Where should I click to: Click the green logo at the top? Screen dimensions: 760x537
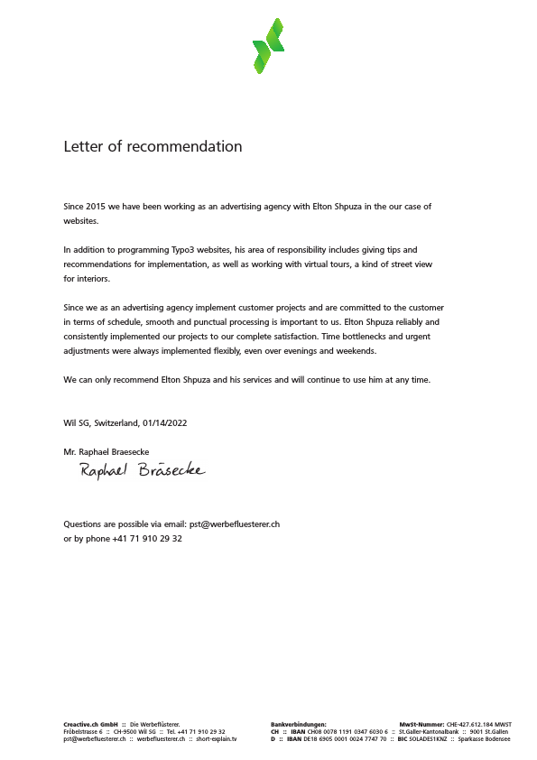click(268, 45)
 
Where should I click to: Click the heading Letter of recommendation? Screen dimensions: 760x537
click(153, 146)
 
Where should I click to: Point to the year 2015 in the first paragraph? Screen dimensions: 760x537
click(94, 207)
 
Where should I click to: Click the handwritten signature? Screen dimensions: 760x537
click(143, 469)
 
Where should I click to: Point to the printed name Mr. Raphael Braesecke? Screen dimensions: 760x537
click(106, 451)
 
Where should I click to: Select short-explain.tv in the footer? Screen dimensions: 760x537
click(217, 738)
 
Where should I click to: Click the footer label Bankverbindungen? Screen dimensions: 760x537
click(299, 724)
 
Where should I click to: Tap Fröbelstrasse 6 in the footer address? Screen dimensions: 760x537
click(82, 731)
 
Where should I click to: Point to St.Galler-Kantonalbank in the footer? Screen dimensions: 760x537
click(429, 731)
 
